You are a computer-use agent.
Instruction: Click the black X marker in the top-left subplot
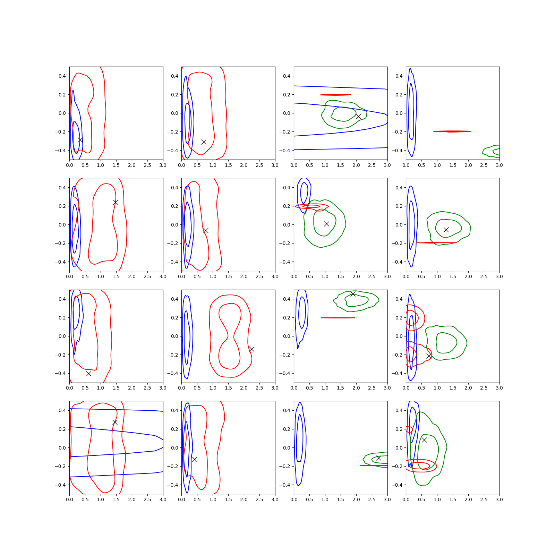click(80, 140)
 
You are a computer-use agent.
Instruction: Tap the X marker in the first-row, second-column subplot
click(204, 142)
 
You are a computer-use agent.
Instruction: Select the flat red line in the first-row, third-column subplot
click(335, 95)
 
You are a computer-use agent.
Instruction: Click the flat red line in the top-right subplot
click(452, 131)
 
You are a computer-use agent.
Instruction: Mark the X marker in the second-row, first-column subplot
click(116, 202)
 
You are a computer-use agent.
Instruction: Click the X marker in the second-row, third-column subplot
click(326, 224)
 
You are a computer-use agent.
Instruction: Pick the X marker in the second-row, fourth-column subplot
click(446, 230)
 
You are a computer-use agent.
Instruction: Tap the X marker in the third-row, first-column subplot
click(88, 374)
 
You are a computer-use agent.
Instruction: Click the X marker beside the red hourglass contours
click(252, 349)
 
